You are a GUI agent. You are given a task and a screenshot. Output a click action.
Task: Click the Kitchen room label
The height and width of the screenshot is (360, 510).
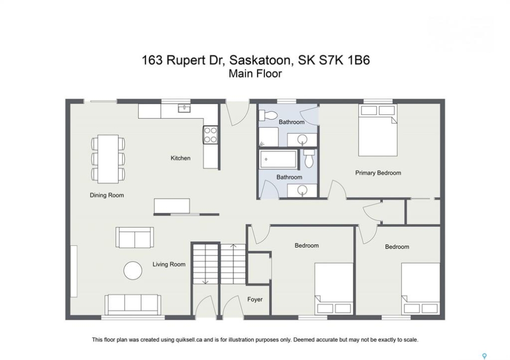[181, 158]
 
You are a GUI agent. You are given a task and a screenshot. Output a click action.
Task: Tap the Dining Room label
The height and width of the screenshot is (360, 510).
[107, 195]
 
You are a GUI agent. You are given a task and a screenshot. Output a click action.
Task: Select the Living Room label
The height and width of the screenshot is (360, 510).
[169, 264]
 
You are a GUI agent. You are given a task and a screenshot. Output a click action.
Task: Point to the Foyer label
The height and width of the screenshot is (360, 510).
[255, 299]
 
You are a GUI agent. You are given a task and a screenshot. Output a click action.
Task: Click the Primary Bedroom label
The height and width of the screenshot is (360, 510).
[378, 173]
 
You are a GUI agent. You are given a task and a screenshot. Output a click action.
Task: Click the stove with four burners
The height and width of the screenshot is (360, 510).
[210, 135]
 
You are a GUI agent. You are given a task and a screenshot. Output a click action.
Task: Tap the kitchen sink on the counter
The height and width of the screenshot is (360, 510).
[184, 108]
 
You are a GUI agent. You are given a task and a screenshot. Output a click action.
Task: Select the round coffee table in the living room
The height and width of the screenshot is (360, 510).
[133, 270]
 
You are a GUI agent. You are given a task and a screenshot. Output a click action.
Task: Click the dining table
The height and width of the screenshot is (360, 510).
[108, 159]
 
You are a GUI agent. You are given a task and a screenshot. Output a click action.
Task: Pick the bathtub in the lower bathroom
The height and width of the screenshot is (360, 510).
[278, 159]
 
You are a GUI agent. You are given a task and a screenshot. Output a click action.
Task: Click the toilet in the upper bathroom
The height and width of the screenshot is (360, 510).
[268, 115]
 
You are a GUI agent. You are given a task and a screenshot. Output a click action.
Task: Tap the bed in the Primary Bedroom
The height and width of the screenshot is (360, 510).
[378, 130]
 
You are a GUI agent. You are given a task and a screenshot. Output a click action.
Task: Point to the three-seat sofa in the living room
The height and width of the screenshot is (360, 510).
[133, 304]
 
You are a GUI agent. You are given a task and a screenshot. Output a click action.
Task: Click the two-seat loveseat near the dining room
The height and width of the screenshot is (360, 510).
[135, 237]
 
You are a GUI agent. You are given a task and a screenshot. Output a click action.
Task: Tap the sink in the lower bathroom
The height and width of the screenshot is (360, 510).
[302, 190]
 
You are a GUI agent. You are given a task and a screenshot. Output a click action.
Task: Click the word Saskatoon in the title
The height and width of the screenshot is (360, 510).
[260, 60]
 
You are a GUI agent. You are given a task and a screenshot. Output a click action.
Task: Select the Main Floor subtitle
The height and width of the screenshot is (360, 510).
[255, 74]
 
